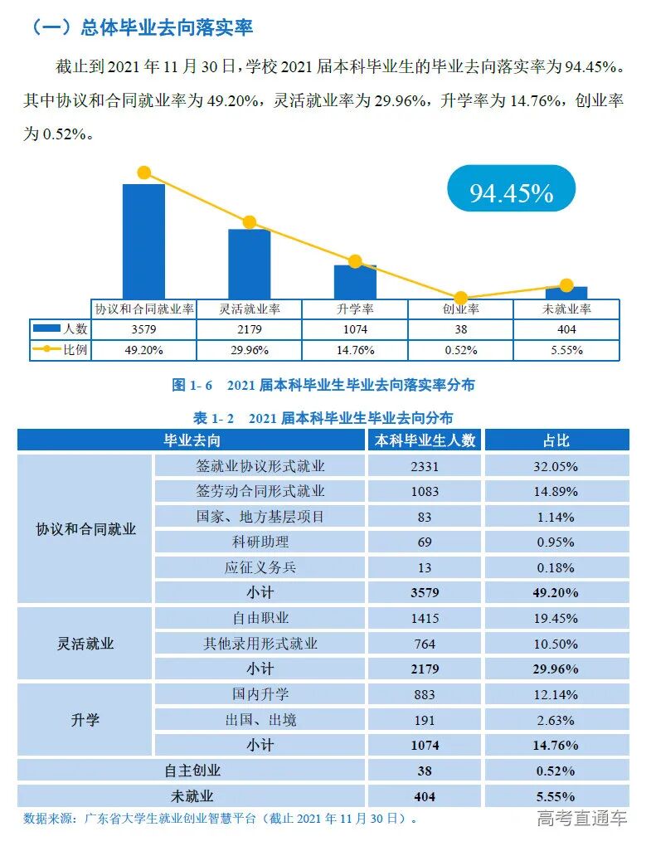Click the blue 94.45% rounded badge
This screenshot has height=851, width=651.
pos(511,193)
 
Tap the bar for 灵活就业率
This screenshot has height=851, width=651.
pos(249,264)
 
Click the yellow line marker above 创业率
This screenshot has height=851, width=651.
pos(461,298)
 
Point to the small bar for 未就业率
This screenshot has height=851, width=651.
pos(566,293)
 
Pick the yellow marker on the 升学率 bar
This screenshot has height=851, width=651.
pos(355,262)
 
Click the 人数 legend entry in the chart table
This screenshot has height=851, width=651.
pos(60,329)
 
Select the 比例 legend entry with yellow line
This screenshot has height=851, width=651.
pos(60,350)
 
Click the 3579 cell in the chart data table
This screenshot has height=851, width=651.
pos(143,329)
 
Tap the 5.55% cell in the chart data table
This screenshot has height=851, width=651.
pos(566,350)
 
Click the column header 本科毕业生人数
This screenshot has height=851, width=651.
pos(425,440)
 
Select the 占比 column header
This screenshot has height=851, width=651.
pos(556,440)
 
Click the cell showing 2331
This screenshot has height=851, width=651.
pos(425,466)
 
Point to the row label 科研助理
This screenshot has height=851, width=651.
pos(260,542)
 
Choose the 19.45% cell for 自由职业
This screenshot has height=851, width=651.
pos(556,618)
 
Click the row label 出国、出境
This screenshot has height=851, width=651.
pos(260,719)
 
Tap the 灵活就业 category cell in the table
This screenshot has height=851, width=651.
pos(85,644)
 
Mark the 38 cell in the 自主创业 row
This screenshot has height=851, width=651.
pos(425,771)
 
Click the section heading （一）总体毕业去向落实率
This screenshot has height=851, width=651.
pos(141,27)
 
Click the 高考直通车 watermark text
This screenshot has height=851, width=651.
pos(581,819)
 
